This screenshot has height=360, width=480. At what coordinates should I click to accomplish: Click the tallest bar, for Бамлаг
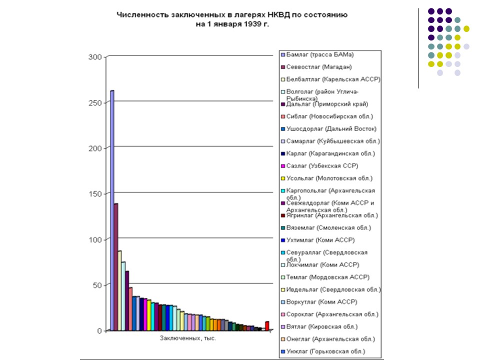coord(112,210)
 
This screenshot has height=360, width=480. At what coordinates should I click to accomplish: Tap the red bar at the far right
coord(267,326)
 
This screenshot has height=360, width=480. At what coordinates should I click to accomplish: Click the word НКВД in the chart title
coord(263,15)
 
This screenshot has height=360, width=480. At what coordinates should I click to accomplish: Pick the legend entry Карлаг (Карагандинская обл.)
coord(330,153)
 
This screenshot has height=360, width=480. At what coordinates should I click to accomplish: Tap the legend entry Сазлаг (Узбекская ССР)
coord(322,166)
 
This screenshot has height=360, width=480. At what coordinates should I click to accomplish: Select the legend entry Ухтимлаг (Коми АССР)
coord(320,240)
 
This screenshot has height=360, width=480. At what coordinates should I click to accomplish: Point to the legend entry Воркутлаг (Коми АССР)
coord(321,302)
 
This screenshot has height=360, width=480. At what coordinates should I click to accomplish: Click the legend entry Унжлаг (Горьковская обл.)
coord(325,351)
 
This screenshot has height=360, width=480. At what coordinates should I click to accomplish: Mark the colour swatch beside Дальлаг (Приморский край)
coord(283,104)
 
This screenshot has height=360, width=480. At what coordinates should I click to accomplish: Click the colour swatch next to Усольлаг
coord(283,178)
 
